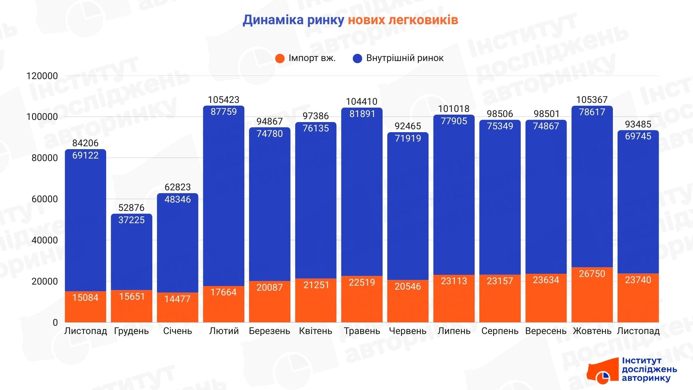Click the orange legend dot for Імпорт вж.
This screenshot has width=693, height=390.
(280, 58)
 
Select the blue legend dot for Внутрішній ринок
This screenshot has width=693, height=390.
(357, 58)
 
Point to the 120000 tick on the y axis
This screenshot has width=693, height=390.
(42, 76)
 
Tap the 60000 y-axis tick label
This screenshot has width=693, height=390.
(45, 199)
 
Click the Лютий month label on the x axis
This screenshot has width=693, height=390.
(224, 331)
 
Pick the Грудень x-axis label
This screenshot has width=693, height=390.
(131, 331)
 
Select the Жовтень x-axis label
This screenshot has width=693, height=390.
(592, 331)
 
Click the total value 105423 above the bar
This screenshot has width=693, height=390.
(224, 100)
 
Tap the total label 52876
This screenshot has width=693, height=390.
(131, 208)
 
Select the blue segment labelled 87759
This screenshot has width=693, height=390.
(224, 195)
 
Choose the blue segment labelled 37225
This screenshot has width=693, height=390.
(131, 253)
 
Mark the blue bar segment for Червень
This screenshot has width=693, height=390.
(408, 206)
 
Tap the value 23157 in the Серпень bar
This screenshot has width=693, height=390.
(500, 281)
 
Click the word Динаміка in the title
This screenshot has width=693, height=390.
(273, 20)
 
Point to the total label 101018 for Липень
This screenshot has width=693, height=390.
(454, 109)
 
